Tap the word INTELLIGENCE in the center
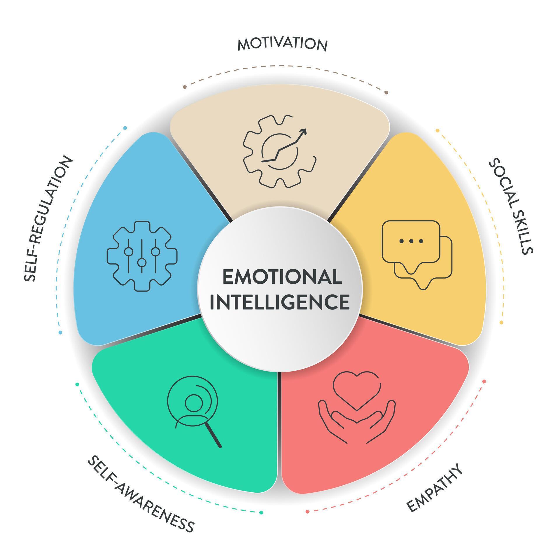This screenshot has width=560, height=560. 280,302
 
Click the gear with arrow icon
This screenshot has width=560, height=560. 279,151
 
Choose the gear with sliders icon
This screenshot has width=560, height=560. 142,256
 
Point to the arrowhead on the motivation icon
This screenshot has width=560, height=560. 304,132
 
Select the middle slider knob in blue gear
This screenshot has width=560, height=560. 142,263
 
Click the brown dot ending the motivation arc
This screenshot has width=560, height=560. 386,92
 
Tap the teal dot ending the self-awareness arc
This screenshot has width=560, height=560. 261,521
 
